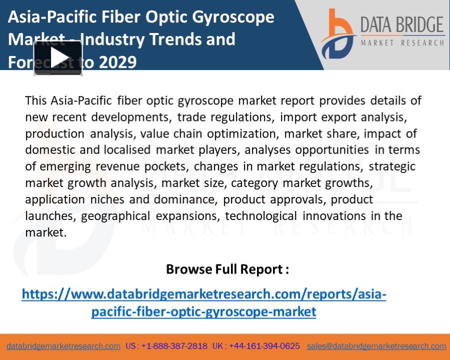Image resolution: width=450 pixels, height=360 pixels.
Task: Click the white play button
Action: tap(58, 58)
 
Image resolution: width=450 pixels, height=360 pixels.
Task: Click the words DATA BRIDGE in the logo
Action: tap(402, 25)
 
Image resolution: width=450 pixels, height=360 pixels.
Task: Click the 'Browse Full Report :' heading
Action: tap(227, 269)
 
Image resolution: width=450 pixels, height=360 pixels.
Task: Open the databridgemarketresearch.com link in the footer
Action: tap(63, 346)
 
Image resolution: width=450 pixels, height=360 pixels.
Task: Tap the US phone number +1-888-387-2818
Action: tap(174, 346)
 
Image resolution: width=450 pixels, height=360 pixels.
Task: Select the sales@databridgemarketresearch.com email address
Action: tap(376, 346)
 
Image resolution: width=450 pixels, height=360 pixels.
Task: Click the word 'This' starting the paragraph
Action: tap(36, 100)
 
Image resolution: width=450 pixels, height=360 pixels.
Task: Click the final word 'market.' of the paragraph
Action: tap(45, 232)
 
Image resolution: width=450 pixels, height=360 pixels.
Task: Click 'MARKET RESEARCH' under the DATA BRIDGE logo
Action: tap(402, 43)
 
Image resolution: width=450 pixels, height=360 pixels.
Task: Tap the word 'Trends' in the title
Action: tap(182, 39)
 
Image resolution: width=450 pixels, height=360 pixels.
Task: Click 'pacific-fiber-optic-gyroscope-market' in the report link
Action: tap(203, 311)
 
